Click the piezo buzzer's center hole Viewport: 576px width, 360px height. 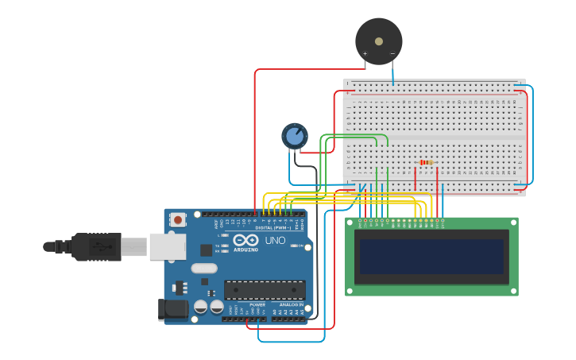[x=379, y=41]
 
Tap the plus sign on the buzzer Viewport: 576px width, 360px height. [x=365, y=54]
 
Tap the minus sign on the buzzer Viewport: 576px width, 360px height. [x=392, y=54]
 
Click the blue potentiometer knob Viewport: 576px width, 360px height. [x=295, y=136]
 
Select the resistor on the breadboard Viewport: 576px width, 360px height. [x=426, y=163]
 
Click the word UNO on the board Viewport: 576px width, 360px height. [x=275, y=240]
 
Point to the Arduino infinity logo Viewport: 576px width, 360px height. [x=246, y=239]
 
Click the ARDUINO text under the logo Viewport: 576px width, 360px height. [x=246, y=250]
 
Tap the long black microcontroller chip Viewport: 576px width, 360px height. [x=264, y=289]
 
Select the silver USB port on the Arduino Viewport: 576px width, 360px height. [x=167, y=247]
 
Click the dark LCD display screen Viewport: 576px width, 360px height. [x=431, y=257]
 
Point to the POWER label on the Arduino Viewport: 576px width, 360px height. [x=257, y=304]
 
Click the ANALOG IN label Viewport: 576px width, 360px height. [x=291, y=304]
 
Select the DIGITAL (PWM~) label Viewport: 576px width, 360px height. [x=273, y=228]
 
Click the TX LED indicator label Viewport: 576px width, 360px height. [x=218, y=246]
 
